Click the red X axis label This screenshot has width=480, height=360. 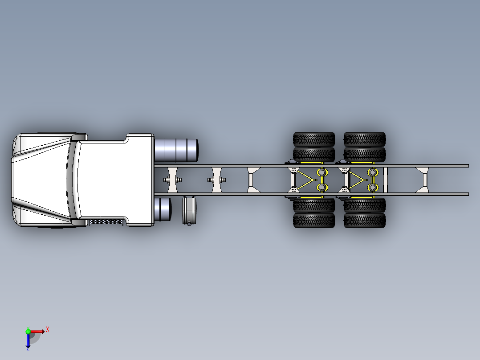(48, 330)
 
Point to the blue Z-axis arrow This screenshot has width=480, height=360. (28, 341)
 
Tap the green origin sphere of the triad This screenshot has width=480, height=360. (28, 331)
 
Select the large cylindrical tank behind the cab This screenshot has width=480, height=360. (176, 150)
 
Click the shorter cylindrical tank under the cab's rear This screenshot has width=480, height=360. (163, 209)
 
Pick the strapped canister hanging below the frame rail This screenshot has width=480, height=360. (189, 210)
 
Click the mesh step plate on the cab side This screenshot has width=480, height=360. (106, 221)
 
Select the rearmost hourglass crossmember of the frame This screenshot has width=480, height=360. (422, 180)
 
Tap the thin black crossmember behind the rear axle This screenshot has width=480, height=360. (386, 180)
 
